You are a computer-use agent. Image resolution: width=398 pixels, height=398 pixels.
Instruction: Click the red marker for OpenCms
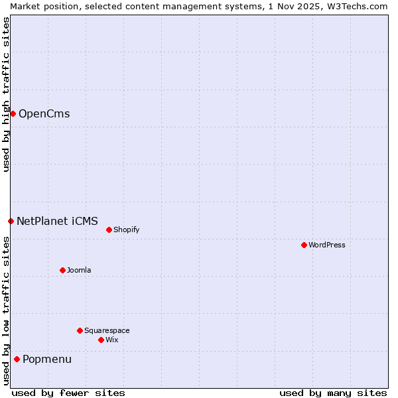coord(13,113)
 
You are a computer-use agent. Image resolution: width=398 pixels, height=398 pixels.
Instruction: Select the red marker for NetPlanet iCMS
coord(11,221)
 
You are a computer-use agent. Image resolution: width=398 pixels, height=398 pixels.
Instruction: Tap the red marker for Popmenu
coord(17,360)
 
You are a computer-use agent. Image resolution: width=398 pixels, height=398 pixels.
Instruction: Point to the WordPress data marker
coord(304,245)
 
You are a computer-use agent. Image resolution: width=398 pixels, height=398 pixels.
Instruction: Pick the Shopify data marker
coord(109,230)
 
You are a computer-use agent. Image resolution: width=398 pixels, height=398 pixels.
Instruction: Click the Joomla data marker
coord(62,270)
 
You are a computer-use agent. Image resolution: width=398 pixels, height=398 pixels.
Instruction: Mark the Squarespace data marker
coord(80,330)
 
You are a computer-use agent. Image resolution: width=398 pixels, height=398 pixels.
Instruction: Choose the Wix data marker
coord(101,340)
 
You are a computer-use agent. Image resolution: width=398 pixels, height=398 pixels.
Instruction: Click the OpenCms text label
coord(44,113)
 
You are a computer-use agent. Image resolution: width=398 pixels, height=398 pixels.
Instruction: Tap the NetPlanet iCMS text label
coord(57,221)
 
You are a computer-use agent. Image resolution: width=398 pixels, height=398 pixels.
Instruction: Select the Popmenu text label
coord(47,360)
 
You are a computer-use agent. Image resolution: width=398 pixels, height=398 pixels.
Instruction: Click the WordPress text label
coord(327,245)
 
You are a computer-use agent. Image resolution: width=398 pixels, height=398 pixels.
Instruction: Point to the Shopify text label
coord(126,230)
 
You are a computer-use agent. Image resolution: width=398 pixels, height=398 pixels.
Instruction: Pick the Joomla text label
coord(79,270)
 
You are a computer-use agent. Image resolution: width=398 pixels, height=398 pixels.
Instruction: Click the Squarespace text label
coord(107,330)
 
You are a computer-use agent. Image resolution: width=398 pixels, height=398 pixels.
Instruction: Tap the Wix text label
coord(111,340)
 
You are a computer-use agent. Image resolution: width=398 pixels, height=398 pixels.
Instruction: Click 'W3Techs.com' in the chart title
coord(361,6)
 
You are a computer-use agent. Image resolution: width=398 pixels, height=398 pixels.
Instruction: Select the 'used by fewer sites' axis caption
coord(68,393)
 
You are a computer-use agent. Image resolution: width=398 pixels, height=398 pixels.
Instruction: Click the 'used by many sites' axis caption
coord(333,393)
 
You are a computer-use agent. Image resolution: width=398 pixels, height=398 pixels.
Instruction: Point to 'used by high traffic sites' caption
coord(6,94)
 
